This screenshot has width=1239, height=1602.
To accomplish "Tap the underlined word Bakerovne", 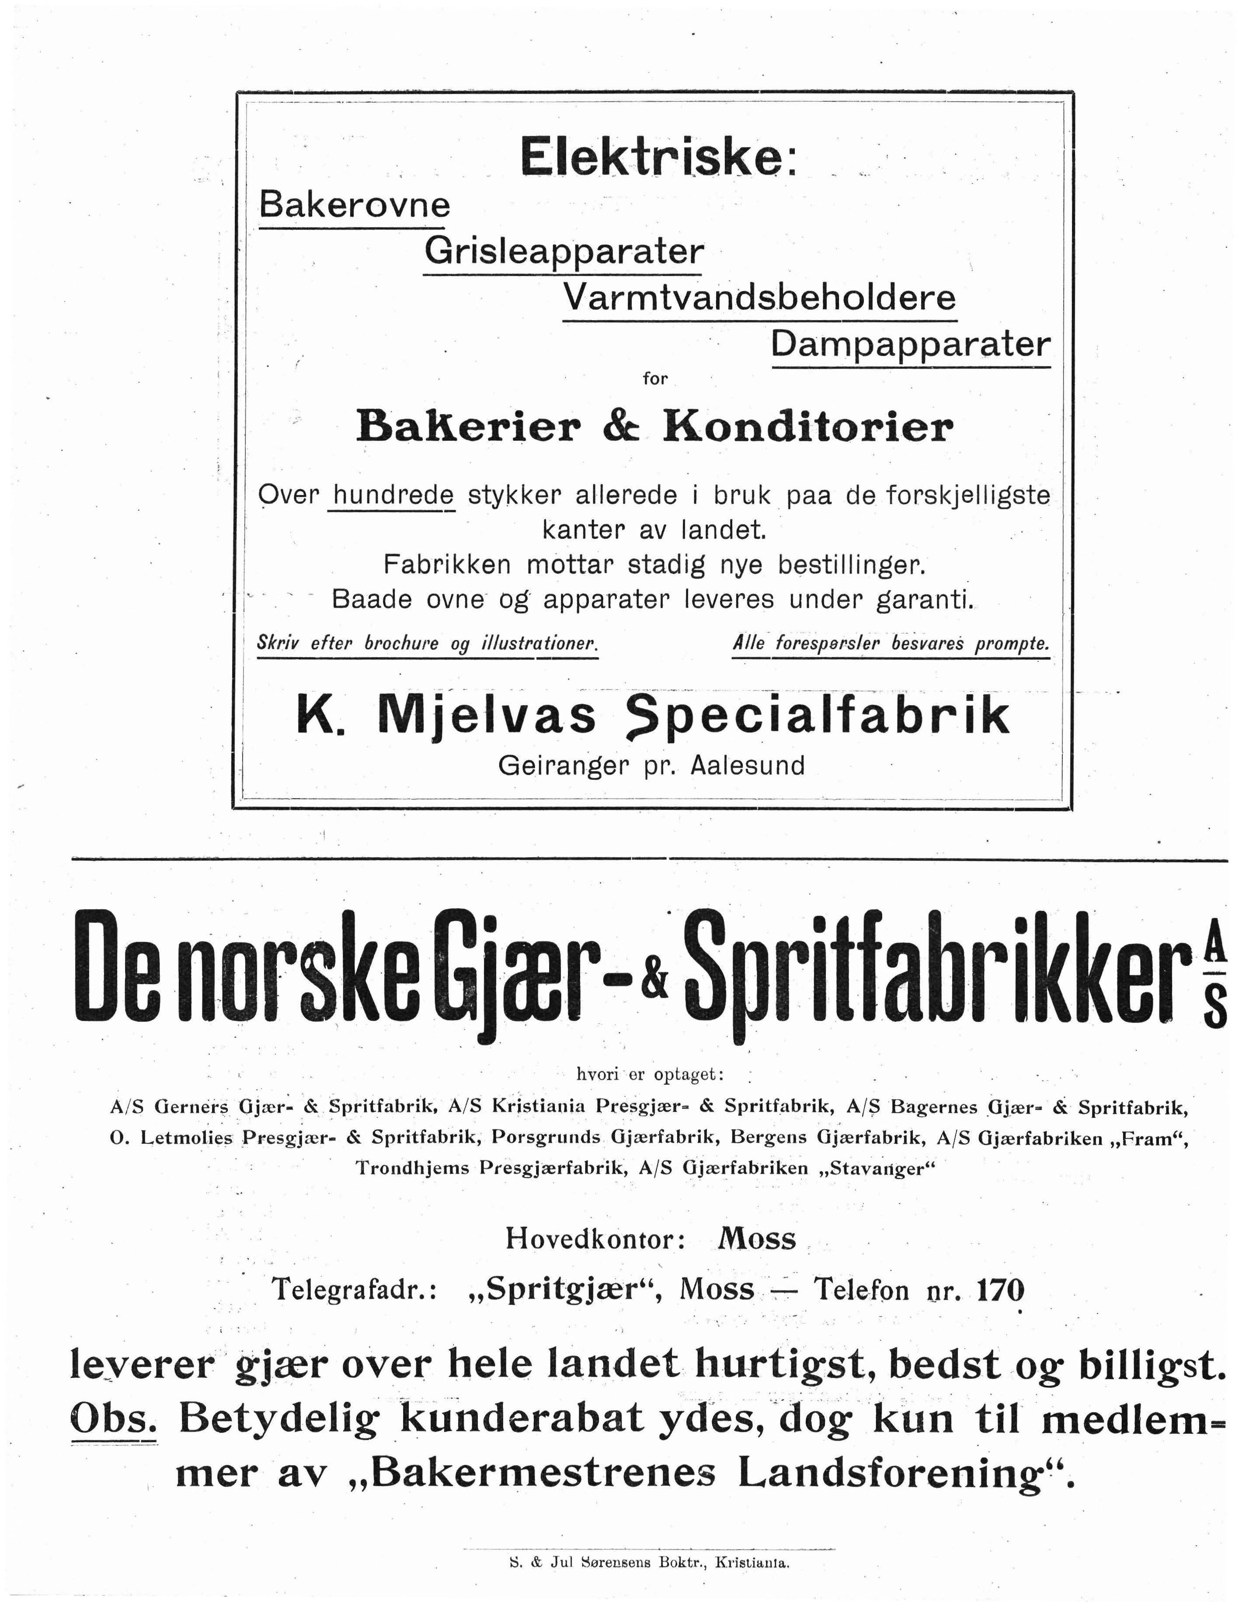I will [x=355, y=204].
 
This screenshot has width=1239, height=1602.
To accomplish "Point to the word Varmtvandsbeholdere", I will [x=760, y=297].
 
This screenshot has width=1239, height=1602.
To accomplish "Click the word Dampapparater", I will [x=910, y=343].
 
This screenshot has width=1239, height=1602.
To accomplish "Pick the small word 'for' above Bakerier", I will [x=655, y=379].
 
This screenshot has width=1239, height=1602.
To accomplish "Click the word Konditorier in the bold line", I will [x=808, y=427].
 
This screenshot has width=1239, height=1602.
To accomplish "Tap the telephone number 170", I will [x=1000, y=1289].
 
